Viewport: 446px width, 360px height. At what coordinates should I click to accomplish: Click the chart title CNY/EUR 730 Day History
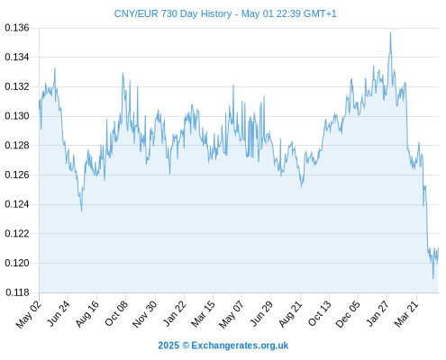point(173,13)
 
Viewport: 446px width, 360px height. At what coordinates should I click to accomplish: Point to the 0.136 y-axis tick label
point(17,28)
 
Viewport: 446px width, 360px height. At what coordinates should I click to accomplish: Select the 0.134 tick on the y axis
point(17,57)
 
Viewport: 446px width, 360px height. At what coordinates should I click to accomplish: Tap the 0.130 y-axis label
point(17,116)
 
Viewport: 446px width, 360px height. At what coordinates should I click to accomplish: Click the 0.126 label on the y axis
point(17,175)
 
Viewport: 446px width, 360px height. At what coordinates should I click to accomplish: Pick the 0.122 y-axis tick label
point(17,233)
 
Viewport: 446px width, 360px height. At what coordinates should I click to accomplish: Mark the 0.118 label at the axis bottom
point(17,292)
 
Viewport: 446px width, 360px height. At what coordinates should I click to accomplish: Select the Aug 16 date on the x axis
point(87,313)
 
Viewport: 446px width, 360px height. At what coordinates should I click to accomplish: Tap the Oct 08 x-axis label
point(116,313)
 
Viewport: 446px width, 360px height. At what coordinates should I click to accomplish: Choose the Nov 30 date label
point(145,314)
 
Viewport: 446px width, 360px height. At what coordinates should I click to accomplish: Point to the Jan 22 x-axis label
point(175,313)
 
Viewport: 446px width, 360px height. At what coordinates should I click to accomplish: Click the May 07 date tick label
point(232,314)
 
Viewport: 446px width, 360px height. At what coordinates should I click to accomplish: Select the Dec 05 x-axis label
point(348,314)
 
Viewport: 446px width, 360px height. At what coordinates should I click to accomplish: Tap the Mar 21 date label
point(406,313)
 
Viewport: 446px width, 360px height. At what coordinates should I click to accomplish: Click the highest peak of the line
point(390,32)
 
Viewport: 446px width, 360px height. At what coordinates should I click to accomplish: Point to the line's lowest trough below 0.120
point(433,279)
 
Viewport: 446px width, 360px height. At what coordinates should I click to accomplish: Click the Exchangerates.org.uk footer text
point(240,346)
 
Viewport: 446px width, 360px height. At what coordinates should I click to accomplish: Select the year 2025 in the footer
point(168,346)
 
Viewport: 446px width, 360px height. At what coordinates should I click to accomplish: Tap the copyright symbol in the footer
point(186,346)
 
